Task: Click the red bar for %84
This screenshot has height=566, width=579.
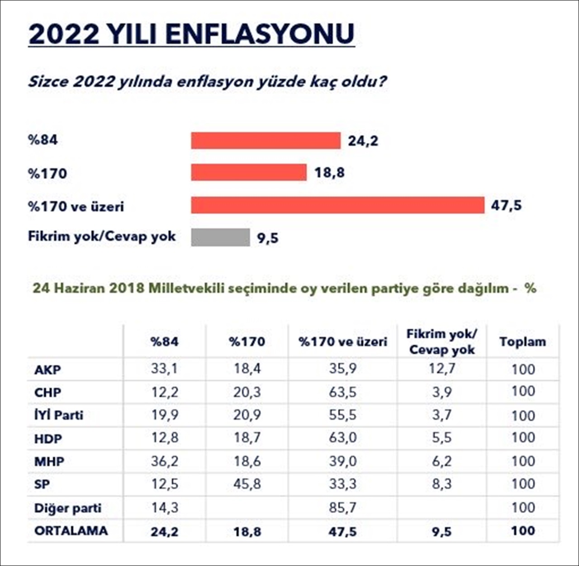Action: coord(266,141)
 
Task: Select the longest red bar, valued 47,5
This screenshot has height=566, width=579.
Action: coord(337,205)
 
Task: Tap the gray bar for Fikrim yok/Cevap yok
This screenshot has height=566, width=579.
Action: coord(220,237)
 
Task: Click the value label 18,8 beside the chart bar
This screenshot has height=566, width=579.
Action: coord(329,173)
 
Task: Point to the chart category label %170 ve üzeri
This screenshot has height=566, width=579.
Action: coord(76,207)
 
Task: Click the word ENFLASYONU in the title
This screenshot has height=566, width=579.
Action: coord(260,34)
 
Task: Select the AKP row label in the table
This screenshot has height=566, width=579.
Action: coord(47,370)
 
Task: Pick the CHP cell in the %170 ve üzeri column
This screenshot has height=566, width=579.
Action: coord(342,392)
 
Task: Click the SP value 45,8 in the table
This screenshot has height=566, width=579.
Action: coord(247,484)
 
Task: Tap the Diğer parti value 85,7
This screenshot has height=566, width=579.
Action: coord(342,508)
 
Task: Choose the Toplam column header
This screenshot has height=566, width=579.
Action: coord(522,342)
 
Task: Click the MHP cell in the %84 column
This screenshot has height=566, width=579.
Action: coord(165,462)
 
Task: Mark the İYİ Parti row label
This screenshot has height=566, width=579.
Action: coord(59,415)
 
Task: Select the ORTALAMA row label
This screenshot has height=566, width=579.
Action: coord(71,531)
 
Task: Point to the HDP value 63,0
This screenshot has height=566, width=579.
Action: coord(342,438)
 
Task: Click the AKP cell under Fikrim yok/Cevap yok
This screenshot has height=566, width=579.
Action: coord(441,369)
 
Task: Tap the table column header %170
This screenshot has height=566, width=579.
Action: coord(247,342)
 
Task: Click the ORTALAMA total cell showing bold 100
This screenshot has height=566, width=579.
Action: coord(522,531)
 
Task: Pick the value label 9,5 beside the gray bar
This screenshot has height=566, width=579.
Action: coord(268,238)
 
